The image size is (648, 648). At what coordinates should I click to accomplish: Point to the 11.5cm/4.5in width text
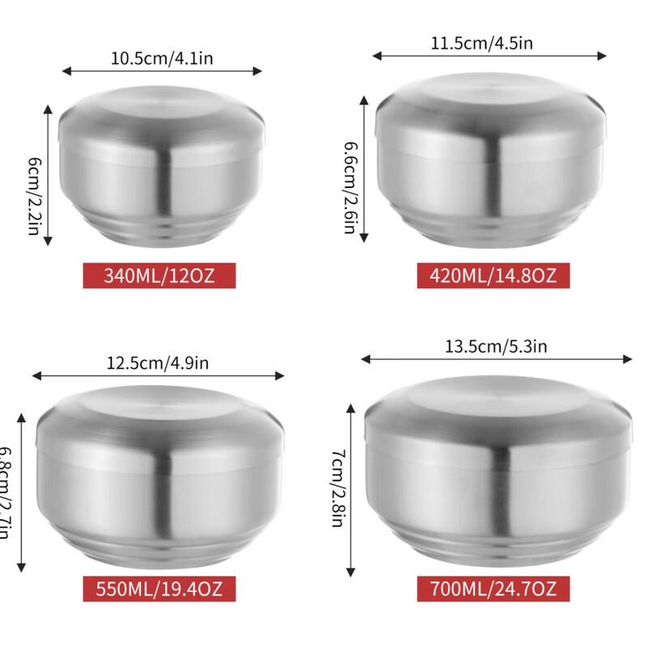click(489, 42)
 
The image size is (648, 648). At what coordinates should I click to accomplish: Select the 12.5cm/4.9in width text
click(158, 363)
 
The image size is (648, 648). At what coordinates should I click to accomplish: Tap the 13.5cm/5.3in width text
click(497, 346)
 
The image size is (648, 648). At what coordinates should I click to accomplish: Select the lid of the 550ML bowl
click(159, 413)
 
